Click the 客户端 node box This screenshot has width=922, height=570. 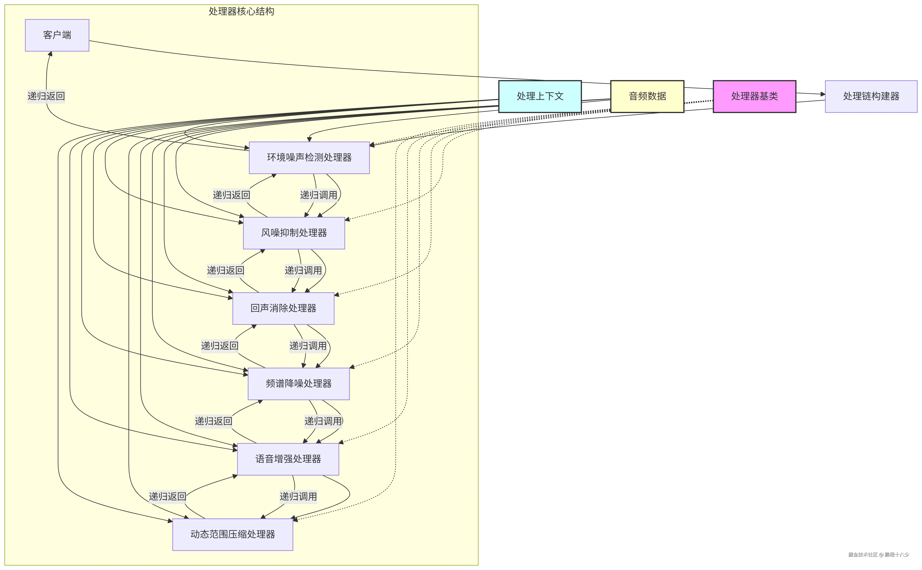57,35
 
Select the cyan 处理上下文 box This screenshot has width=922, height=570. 540,96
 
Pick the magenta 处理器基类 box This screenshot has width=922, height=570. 754,96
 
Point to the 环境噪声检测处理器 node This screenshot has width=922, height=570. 309,158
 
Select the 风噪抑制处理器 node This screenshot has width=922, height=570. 294,233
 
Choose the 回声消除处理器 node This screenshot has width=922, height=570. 283,308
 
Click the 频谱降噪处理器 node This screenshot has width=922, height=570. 298,384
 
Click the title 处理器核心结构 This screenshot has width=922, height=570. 241,11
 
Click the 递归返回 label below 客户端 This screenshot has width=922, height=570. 46,96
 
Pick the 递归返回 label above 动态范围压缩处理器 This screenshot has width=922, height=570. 168,496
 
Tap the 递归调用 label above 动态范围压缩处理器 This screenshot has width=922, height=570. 298,496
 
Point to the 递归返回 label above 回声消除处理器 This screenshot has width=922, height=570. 226,270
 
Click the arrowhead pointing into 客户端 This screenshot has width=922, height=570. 50,54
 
